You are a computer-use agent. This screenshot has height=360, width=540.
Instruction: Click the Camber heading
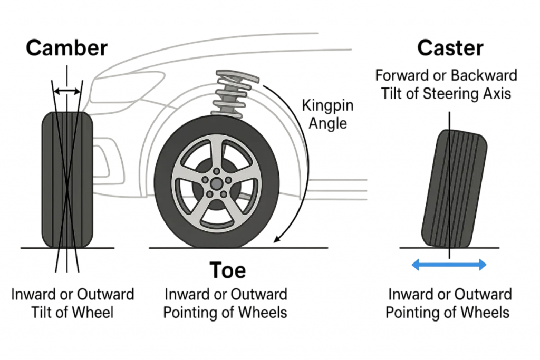coord(67,48)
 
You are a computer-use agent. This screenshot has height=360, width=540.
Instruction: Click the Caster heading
coord(450,48)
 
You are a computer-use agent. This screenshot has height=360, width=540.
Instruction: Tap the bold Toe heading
coord(228,270)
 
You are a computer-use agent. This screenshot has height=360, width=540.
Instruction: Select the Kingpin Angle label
coord(327,114)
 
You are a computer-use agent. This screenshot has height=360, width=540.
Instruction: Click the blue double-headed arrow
coord(448,265)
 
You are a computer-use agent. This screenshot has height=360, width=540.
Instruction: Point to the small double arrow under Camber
coord(67,92)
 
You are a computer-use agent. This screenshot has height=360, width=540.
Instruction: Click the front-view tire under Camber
coord(67,179)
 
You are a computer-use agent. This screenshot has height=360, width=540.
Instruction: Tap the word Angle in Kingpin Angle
coord(327,123)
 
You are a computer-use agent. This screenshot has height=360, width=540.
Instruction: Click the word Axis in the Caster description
coord(498,93)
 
